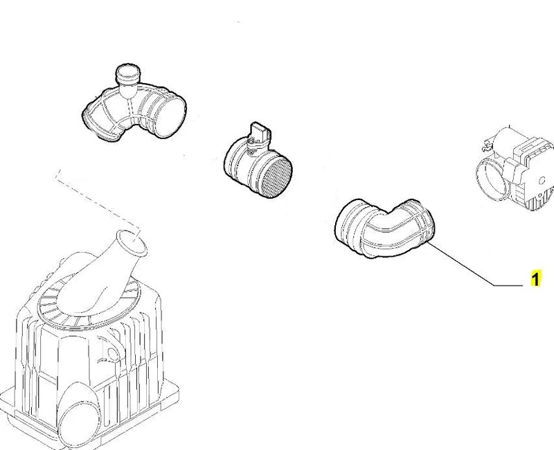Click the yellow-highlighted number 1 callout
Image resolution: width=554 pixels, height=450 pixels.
click(x=535, y=279)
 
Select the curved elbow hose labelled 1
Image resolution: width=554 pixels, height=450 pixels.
click(x=384, y=228)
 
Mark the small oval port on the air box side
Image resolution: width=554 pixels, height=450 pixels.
click(x=113, y=354)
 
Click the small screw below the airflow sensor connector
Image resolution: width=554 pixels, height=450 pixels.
click(x=251, y=152)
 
